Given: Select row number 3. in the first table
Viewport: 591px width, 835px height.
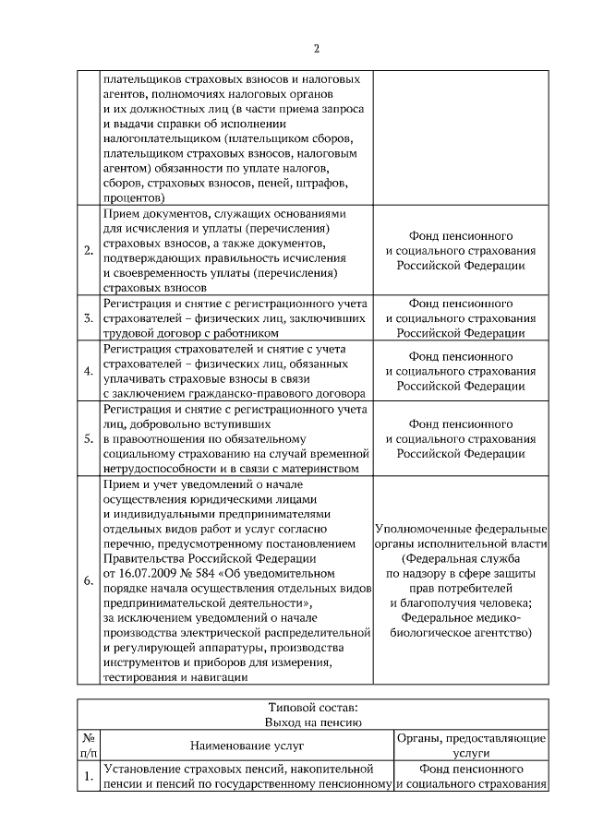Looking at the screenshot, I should pos(88,318).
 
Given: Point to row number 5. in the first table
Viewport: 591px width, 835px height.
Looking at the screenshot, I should pos(88,438).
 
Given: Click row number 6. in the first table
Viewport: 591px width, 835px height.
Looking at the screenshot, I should pos(88,580).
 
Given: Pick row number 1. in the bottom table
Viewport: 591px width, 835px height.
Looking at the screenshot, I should pos(88,777).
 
